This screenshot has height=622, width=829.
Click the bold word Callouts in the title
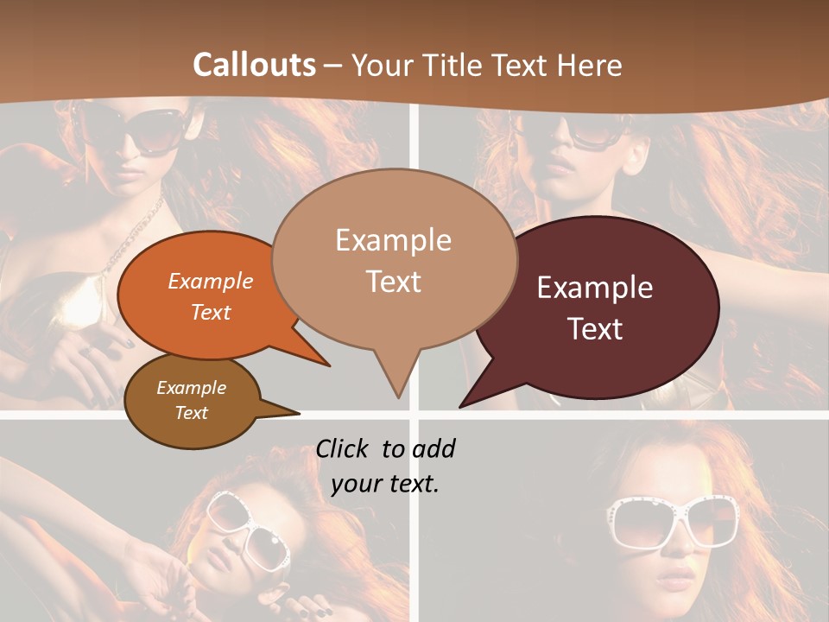click(254, 65)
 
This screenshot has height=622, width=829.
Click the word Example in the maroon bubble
click(595, 288)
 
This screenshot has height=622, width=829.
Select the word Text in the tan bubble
click(394, 282)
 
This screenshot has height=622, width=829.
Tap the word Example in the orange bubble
click(211, 281)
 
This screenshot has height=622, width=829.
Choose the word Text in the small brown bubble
click(192, 413)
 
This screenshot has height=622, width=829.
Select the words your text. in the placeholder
click(385, 484)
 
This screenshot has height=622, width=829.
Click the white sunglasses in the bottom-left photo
click(250, 531)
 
